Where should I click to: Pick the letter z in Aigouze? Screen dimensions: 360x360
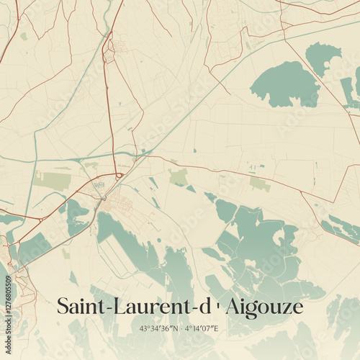(286, 308)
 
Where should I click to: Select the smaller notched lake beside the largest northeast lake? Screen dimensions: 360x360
(322, 58)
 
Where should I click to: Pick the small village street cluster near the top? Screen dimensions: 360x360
(110, 49)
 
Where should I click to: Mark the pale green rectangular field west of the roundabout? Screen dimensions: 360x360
(54, 181)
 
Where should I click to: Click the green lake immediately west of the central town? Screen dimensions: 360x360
(76, 217)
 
